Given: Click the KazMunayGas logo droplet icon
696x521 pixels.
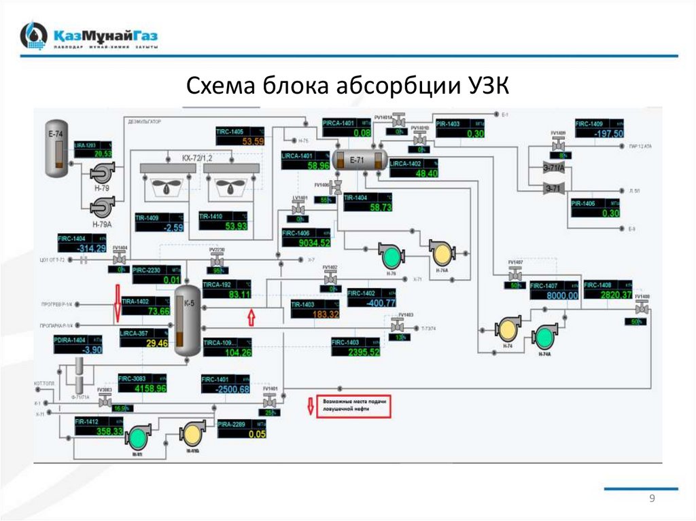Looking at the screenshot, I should [33, 36].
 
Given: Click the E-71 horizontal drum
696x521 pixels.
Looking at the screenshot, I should [360, 160].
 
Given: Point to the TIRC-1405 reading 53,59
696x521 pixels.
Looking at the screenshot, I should [253, 141].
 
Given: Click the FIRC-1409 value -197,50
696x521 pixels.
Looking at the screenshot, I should [608, 134].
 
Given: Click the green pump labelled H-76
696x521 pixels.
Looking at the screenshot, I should [391, 256].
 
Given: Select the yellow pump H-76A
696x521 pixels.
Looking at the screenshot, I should [441, 253].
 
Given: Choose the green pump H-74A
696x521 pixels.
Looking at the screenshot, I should [544, 336].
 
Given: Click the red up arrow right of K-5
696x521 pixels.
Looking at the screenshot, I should [251, 317].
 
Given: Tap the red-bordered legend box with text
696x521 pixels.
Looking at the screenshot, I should [354, 406].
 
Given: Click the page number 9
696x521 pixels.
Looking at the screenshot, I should [652, 499].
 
